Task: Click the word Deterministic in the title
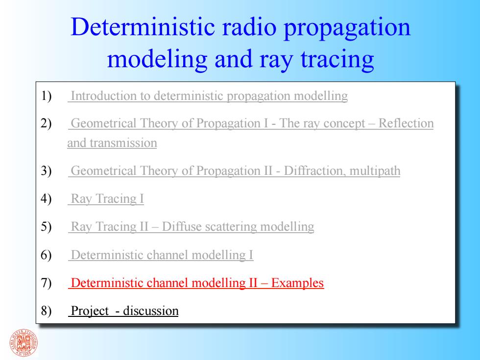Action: (x=143, y=27)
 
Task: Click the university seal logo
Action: (x=24, y=343)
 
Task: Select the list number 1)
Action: (x=46, y=96)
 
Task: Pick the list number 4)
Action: (x=46, y=199)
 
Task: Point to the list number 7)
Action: (x=46, y=283)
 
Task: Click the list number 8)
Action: (x=46, y=311)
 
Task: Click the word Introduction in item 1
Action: (x=104, y=96)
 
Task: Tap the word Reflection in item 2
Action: (x=406, y=123)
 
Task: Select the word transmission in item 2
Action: (x=123, y=143)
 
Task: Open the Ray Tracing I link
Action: (x=107, y=199)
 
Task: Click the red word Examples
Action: (x=297, y=283)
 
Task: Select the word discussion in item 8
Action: (x=151, y=311)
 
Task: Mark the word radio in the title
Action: (x=249, y=27)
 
